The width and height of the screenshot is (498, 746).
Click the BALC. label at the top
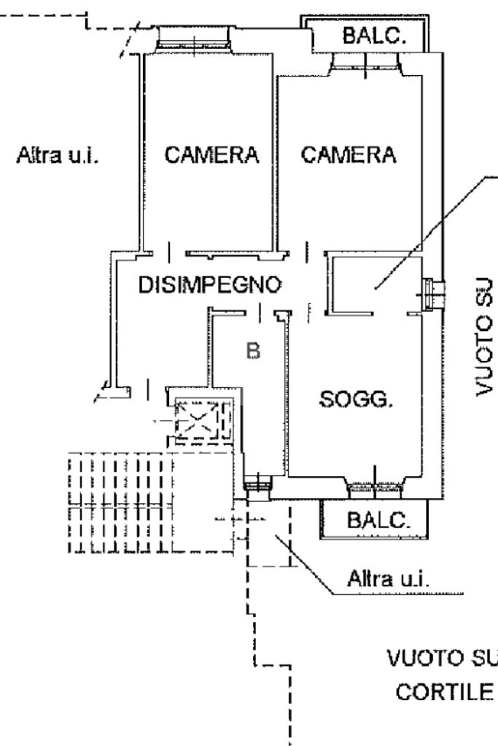pos(374,36)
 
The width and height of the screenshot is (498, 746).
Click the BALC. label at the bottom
pos(373,523)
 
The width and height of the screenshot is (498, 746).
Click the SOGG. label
pos(357,400)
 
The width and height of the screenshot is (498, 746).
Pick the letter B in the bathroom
pos(253,351)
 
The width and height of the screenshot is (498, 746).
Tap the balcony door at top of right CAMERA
pos(365,63)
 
